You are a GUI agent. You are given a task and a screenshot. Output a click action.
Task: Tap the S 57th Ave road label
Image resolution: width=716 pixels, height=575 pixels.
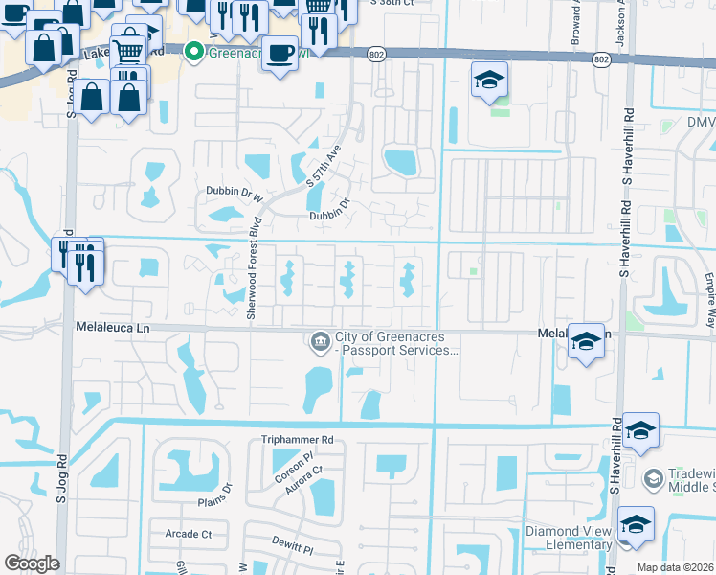(323, 166)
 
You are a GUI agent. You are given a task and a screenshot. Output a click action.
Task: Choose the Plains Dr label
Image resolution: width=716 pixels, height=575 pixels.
(214, 488)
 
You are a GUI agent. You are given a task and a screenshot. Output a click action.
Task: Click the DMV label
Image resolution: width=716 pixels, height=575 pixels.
(700, 122)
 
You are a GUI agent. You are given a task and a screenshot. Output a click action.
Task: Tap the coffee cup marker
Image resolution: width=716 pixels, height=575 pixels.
(279, 53)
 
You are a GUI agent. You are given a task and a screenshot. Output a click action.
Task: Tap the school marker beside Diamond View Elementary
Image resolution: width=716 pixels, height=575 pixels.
(635, 525)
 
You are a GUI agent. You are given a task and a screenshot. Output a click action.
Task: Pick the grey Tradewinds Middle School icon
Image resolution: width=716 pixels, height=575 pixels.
(653, 477)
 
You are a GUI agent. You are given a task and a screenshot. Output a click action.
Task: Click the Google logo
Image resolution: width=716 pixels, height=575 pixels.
(32, 563)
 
